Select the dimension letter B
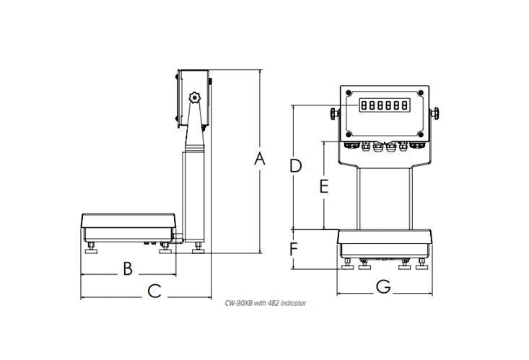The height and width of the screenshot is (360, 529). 127,268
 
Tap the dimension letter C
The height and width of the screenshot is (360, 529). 154,291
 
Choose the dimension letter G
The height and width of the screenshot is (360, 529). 383,287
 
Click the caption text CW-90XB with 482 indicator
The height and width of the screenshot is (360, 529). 265,304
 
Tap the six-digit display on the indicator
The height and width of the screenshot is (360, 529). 384,105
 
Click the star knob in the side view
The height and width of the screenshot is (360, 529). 194,97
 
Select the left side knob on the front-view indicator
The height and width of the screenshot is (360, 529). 334,113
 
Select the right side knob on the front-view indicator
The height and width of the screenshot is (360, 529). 435,113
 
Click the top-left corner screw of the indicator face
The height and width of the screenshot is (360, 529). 349,93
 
